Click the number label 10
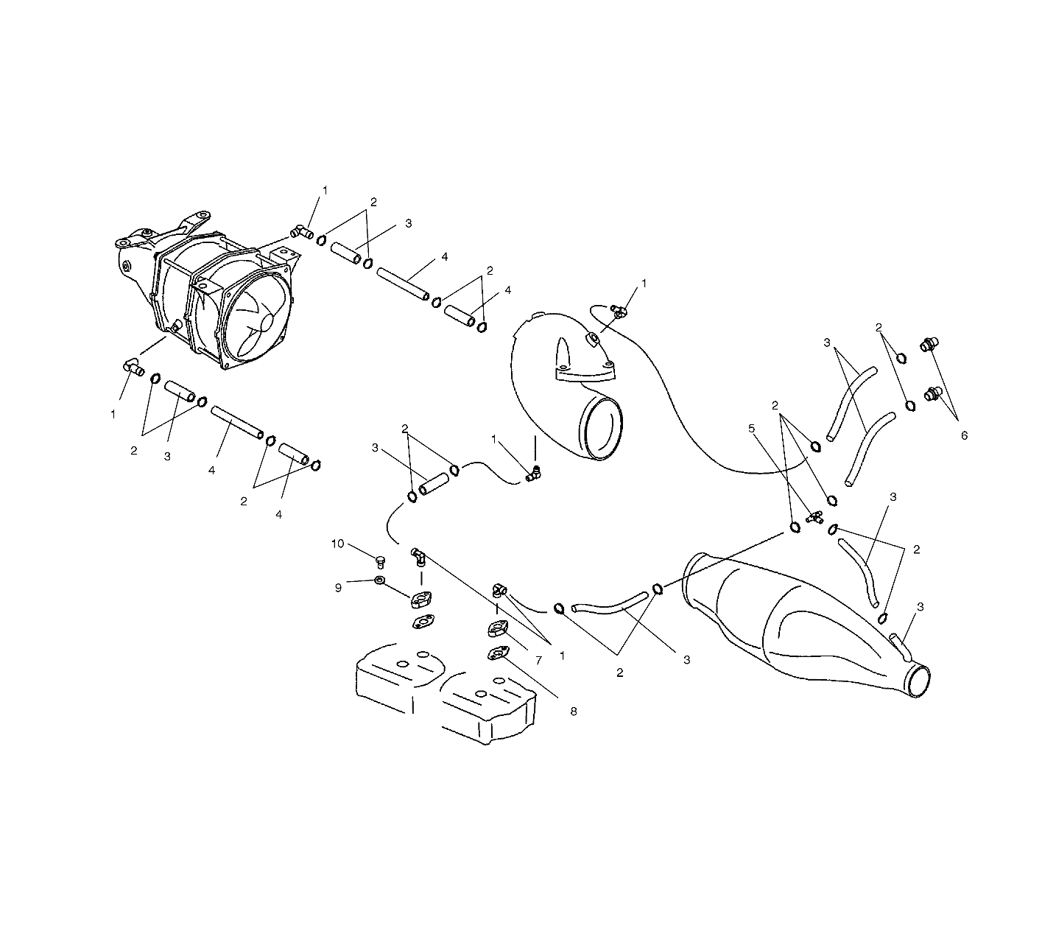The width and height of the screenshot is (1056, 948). pos(337,544)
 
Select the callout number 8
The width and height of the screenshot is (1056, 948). pos(573,712)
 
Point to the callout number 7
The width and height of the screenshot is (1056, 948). pos(538,661)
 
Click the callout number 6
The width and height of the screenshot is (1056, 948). pos(963,435)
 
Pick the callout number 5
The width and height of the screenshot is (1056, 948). pos(752,427)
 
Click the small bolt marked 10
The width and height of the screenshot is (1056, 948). pos(381,563)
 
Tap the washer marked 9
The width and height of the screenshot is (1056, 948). pos(378,581)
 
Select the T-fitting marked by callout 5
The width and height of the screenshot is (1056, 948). pos(814,517)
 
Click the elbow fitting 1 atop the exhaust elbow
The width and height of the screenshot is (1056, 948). pos(618,312)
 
